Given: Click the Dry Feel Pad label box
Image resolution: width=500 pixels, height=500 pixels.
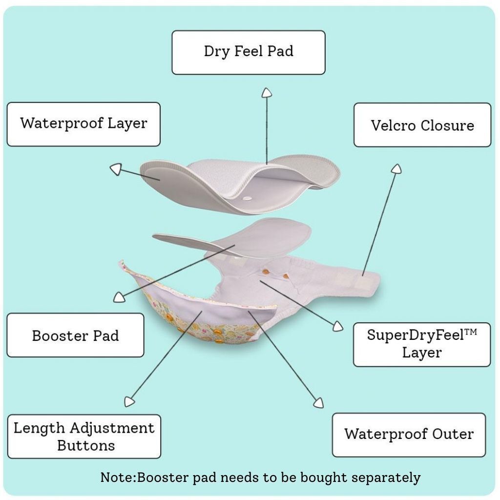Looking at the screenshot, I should pyautogui.click(x=249, y=52).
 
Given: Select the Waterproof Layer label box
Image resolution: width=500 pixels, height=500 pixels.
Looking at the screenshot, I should pyautogui.click(x=83, y=124).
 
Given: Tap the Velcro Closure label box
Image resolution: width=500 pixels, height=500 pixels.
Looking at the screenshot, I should pyautogui.click(x=422, y=125).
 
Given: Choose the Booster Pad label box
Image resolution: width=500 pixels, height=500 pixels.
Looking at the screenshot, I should pyautogui.click(x=75, y=335).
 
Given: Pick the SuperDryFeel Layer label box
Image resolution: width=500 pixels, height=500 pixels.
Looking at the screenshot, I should pyautogui.click(x=422, y=344).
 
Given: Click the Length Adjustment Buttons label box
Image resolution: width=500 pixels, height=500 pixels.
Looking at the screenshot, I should pyautogui.click(x=84, y=437).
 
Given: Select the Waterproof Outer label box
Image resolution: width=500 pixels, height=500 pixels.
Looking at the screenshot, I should pyautogui.click(x=409, y=435).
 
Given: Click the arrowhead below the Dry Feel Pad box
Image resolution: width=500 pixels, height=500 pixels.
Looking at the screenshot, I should pyautogui.click(x=267, y=93).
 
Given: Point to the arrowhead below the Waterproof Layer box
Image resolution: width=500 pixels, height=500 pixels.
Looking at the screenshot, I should pyautogui.click(x=115, y=169).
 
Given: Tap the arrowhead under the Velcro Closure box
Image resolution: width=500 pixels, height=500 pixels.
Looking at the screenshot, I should pyautogui.click(x=396, y=169).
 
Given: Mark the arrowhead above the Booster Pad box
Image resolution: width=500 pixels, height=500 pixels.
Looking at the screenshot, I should pyautogui.click(x=118, y=297).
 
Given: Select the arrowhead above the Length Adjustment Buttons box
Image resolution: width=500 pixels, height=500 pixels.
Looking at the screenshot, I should pyautogui.click(x=129, y=401).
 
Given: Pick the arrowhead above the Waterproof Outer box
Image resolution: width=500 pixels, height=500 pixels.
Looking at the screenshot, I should pyautogui.click(x=318, y=402).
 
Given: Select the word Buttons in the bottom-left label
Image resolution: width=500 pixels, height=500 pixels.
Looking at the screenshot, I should pyautogui.click(x=86, y=445).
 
